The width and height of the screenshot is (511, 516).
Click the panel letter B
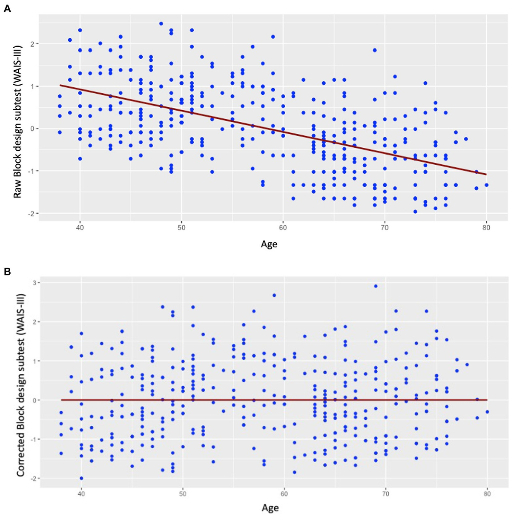coord(7,272)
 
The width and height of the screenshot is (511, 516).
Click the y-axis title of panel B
coord(20,385)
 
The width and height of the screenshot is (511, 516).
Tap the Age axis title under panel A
coord(269,244)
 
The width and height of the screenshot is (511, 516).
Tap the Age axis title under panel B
coord(270,507)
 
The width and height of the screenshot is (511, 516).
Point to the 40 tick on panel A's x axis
coord(80,227)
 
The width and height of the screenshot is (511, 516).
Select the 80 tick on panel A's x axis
coord(486,227)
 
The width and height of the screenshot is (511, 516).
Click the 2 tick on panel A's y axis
coord(32,44)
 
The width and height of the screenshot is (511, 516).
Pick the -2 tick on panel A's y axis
coord(31,213)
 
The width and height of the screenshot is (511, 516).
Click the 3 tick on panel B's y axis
coord(32,283)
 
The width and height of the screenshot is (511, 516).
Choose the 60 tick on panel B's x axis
coord(284,494)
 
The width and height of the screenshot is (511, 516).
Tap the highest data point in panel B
coord(376,286)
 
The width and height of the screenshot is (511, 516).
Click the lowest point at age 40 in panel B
coord(81,478)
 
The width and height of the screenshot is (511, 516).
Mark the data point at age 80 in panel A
coord(486,185)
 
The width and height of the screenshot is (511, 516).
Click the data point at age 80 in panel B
coord(487,412)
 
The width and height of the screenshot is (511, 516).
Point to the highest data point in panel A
coord(161,23)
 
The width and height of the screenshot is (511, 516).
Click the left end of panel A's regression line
coord(60,85)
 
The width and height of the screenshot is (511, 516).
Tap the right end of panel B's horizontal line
coord(487,400)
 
